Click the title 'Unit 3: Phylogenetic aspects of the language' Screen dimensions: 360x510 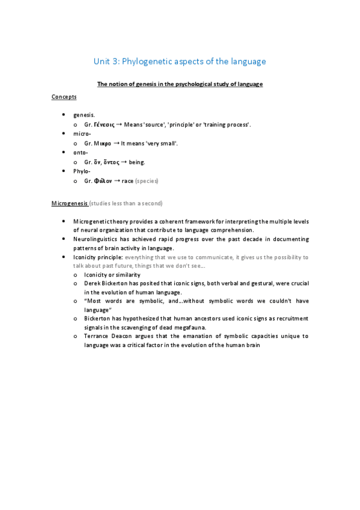click(x=180, y=61)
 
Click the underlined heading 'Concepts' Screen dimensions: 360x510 click(x=64, y=97)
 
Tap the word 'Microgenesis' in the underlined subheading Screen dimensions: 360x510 click(x=70, y=204)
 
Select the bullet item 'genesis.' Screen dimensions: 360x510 click(x=84, y=114)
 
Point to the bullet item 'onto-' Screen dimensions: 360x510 click(x=82, y=153)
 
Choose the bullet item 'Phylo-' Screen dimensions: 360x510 click(x=82, y=171)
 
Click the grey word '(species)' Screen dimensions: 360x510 click(x=147, y=181)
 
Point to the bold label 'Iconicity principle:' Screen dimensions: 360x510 click(x=98, y=257)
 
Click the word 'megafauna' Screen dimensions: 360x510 click(x=192, y=327)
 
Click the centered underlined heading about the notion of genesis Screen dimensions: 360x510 click(x=180, y=84)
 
